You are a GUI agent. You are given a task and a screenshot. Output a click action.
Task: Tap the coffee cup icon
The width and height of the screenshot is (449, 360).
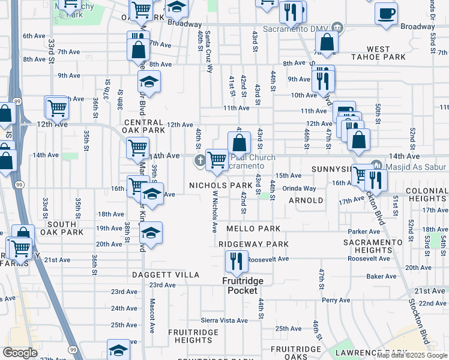(x=386, y=13)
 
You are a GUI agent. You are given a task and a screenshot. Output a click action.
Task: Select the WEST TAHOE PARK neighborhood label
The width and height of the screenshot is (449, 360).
(x=395, y=53)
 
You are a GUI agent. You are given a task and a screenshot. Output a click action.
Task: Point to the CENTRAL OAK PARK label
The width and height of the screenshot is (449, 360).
(x=143, y=125)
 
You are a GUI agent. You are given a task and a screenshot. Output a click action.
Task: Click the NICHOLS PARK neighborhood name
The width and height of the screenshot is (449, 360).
(x=221, y=185)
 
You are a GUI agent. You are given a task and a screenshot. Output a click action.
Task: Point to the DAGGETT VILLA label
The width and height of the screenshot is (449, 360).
(x=166, y=274)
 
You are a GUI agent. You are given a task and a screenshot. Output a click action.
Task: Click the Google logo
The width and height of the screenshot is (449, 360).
(x=20, y=353)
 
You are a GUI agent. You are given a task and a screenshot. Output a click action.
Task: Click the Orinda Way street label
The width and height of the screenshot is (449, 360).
(x=300, y=188)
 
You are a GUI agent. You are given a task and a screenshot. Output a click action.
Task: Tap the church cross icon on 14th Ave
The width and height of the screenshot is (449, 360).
(x=200, y=160)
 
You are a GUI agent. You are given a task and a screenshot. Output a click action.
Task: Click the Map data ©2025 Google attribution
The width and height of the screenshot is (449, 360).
(x=411, y=355)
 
